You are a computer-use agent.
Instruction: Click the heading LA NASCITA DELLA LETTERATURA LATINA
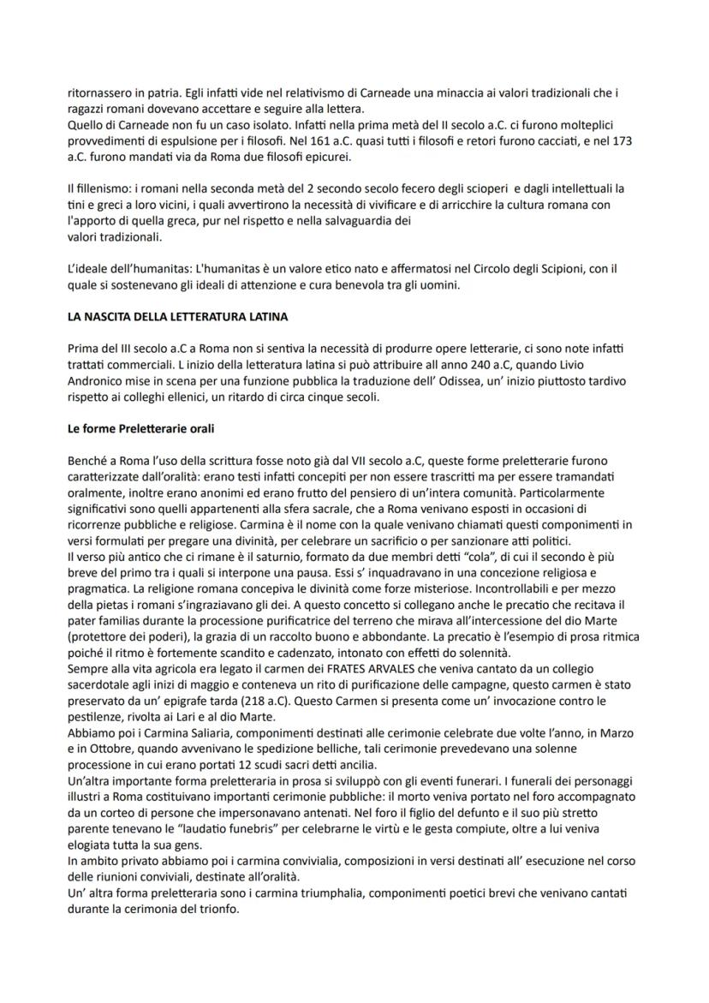[x=177, y=317]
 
